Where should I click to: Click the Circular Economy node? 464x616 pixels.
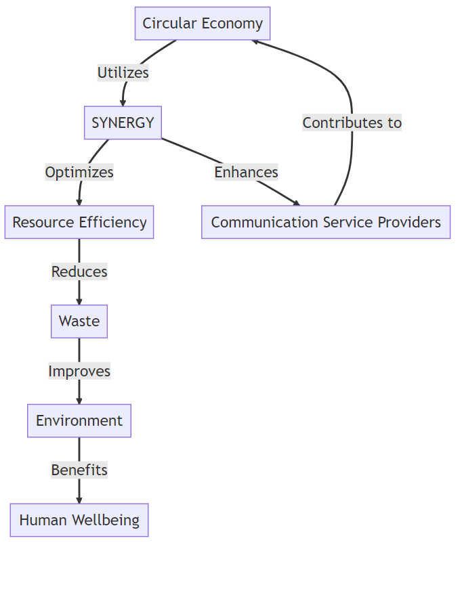tap(203, 24)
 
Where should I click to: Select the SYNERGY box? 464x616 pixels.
tap(123, 123)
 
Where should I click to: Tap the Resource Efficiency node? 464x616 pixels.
tap(79, 222)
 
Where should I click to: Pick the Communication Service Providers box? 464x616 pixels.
tap(326, 222)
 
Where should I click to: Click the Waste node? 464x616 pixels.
tap(79, 322)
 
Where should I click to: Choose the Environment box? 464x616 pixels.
tap(79, 420)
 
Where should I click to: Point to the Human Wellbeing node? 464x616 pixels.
tap(79, 520)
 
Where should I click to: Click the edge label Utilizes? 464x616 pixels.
tap(123, 73)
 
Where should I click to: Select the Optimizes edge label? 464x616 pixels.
tap(79, 172)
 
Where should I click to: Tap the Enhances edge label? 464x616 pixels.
tap(246, 172)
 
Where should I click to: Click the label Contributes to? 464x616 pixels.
tap(352, 123)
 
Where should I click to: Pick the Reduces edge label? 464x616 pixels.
tap(79, 271)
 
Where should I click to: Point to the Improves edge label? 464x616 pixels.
tap(79, 371)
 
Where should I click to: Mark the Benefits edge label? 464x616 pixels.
tap(79, 470)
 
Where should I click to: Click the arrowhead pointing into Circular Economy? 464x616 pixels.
tap(255, 42)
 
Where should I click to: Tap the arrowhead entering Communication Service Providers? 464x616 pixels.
tap(296, 202)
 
